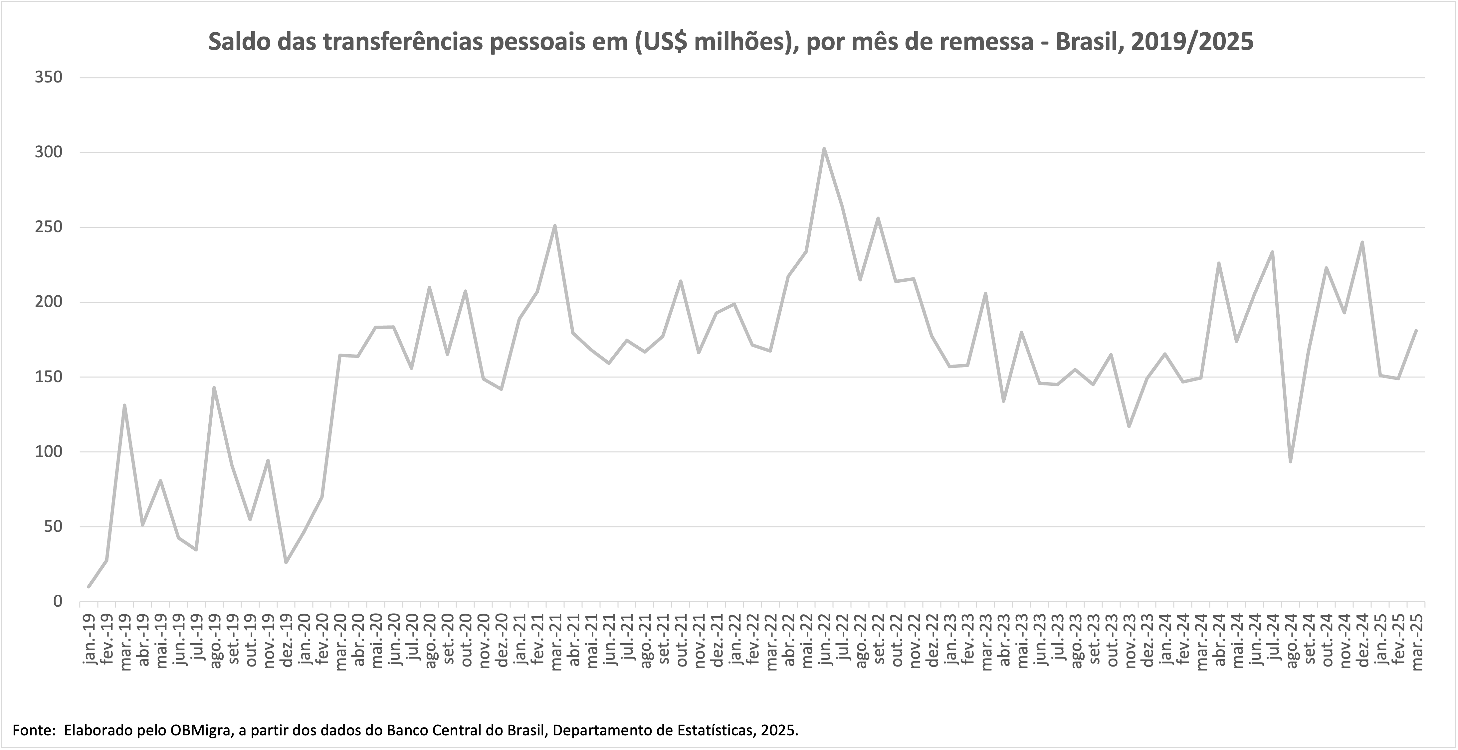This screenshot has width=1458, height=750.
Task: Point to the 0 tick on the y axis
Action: [57, 601]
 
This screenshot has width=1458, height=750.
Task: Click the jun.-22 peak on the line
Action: [824, 149]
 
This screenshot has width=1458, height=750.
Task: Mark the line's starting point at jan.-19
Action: [88, 587]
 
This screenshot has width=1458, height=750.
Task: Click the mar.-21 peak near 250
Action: [555, 226]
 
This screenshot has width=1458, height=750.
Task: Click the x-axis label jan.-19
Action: [90, 636]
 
